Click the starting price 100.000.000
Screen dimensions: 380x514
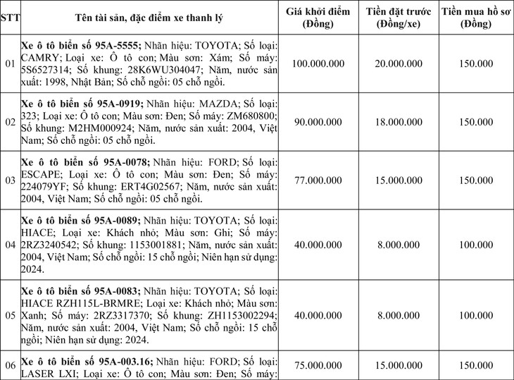317,63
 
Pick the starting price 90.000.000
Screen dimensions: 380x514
317,122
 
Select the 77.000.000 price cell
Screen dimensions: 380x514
317,180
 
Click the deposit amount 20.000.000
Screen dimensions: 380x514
400,63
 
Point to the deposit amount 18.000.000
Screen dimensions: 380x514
400,122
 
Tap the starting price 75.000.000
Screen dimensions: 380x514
317,364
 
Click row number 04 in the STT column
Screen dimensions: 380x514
9,245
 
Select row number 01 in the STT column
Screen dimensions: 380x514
9,63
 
